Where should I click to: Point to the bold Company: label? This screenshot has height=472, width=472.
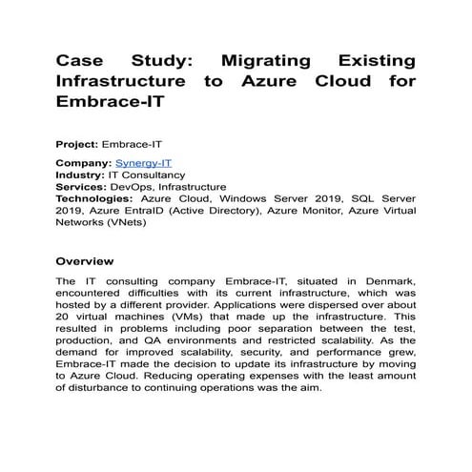pos(85,163)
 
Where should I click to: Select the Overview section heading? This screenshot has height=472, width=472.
pos(85,260)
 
